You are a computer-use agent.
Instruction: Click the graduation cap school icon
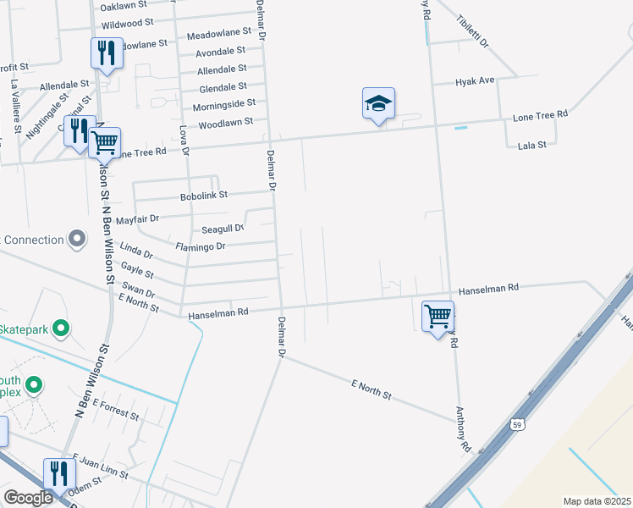pyautogui.click(x=379, y=104)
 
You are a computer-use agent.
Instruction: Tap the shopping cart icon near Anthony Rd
pyautogui.click(x=438, y=317)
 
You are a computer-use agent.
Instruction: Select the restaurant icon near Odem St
pyautogui.click(x=58, y=473)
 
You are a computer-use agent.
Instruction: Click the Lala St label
pyautogui.click(x=532, y=146)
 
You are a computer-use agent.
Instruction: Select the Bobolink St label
pyautogui.click(x=204, y=196)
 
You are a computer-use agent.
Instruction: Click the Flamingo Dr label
pyautogui.click(x=201, y=246)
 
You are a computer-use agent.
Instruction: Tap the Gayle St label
pyautogui.click(x=137, y=271)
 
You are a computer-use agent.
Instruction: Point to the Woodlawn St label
pyautogui.click(x=225, y=122)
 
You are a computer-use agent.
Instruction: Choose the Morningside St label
pyautogui.click(x=223, y=103)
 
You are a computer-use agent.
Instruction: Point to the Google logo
pyautogui.click(x=28, y=498)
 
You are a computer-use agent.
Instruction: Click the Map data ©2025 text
pyautogui.click(x=596, y=501)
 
